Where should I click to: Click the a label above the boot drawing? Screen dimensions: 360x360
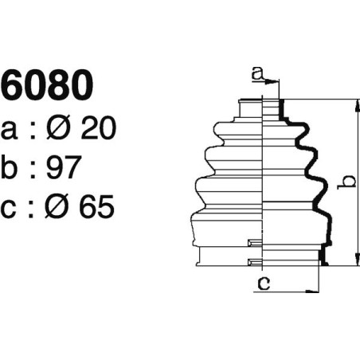pyautogui.click(x=256, y=74)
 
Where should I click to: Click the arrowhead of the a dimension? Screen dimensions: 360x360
pyautogui.click(x=276, y=81)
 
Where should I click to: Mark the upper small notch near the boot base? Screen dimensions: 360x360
pyautogui.click(x=254, y=243)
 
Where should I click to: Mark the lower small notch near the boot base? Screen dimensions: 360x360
pyautogui.click(x=254, y=261)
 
